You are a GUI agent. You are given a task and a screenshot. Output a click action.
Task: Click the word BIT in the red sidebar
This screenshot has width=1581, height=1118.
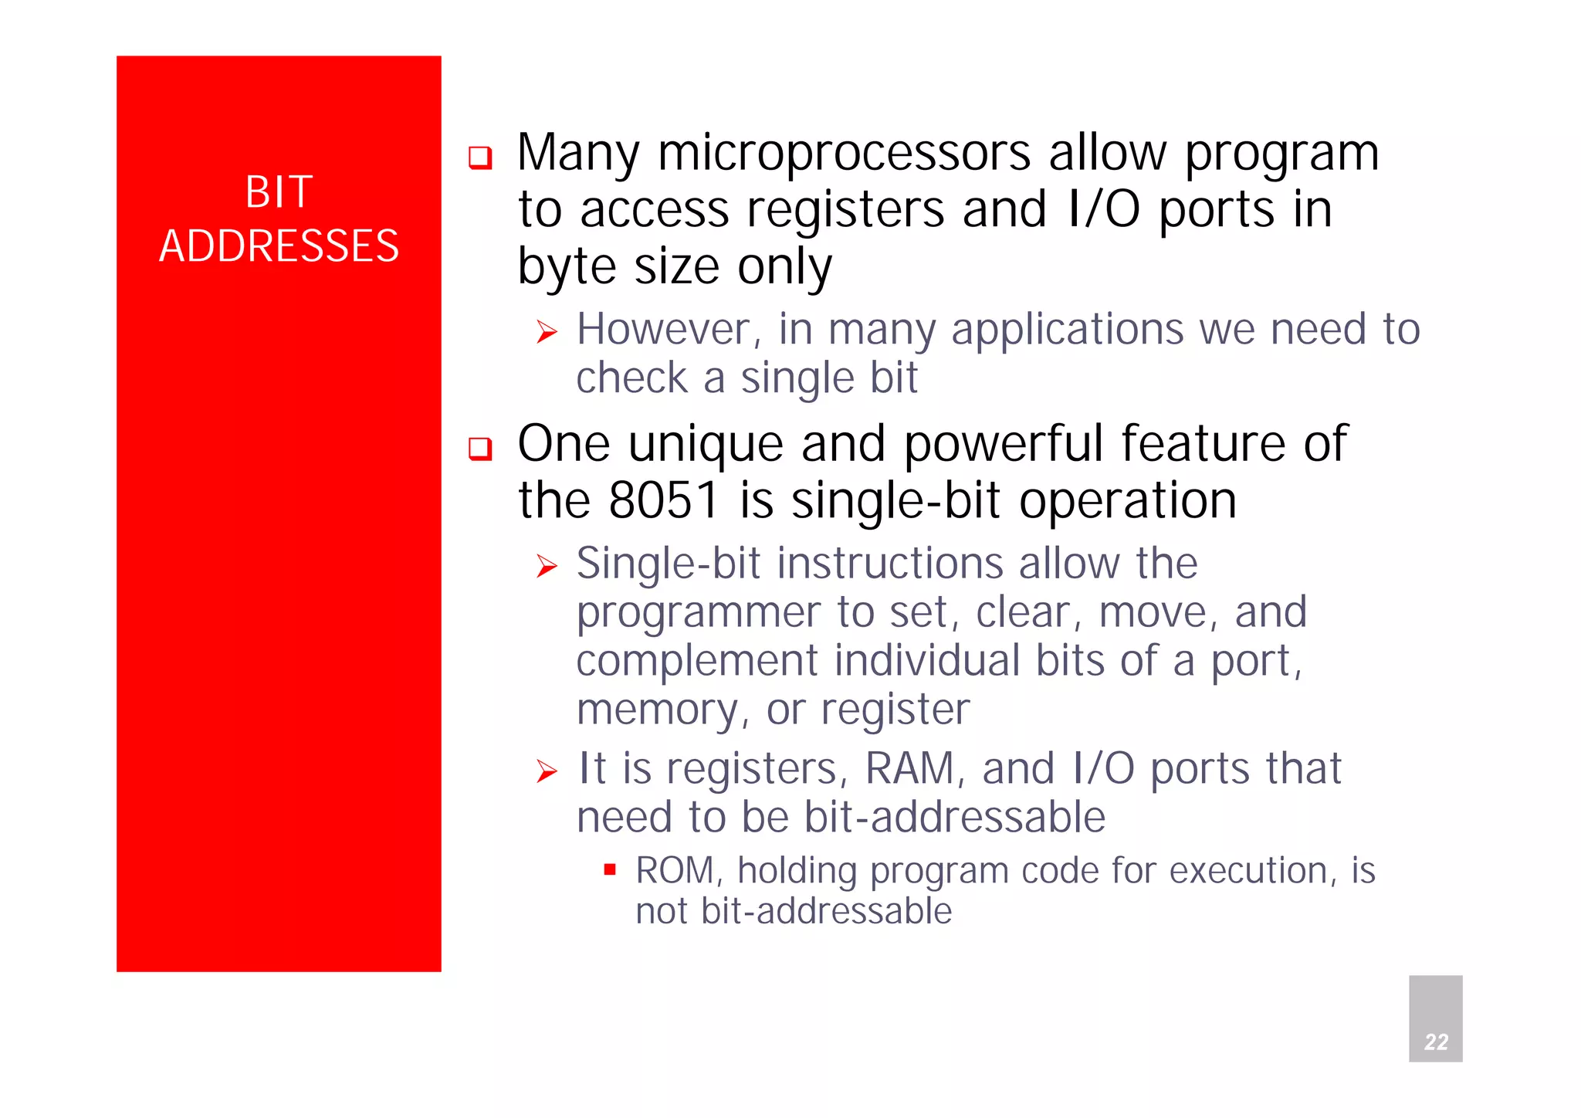click(279, 191)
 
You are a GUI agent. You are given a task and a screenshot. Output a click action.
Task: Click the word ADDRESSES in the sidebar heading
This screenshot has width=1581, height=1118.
click(279, 246)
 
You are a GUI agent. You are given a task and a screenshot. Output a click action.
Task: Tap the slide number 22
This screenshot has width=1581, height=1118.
click(1436, 1042)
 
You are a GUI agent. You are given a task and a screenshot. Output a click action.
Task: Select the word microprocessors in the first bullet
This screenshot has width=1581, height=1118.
click(844, 153)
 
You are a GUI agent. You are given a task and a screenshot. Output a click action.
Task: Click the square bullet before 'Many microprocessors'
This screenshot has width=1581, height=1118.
click(480, 158)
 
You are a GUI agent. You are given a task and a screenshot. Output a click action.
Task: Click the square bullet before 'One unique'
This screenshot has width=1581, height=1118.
click(480, 449)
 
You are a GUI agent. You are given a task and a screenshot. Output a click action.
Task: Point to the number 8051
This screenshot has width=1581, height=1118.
click(664, 500)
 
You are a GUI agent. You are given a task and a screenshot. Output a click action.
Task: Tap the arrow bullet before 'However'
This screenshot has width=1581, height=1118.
click(547, 333)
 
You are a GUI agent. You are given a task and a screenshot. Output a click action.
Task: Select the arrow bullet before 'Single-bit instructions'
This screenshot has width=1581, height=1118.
click(547, 567)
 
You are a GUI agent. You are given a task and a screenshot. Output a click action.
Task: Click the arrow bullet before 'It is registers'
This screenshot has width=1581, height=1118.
click(547, 771)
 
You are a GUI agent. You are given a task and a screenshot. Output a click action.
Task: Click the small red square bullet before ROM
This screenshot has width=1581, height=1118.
click(610, 870)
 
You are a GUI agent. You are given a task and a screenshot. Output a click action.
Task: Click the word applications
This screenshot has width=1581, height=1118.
click(1067, 331)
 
